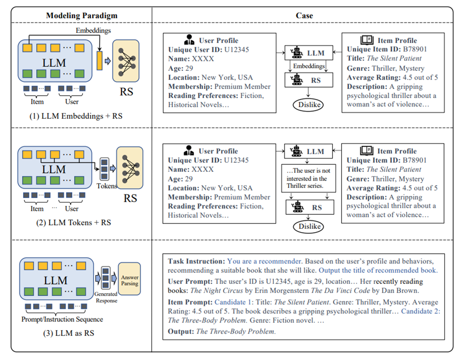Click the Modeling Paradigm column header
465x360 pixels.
point(82,15)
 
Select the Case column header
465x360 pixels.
point(304,15)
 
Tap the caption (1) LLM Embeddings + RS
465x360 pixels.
point(76,116)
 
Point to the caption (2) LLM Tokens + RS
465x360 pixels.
point(74,222)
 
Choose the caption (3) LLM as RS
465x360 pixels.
point(69,333)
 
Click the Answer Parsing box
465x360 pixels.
point(129,279)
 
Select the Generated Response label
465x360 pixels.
point(106,297)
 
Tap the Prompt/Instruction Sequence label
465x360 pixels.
point(62,319)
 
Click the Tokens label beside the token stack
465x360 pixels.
point(107,186)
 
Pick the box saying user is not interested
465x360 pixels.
point(308,178)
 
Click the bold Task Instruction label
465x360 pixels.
point(196,261)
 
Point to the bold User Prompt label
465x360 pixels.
point(190,281)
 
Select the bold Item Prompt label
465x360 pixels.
point(190,302)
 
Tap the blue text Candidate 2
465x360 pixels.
point(421,311)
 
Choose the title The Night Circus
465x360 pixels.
point(216,290)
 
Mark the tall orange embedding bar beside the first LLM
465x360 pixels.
point(100,60)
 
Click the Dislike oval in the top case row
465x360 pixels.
point(308,105)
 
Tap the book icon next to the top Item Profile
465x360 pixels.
point(367,40)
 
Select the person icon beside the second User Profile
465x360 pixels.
point(189,150)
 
